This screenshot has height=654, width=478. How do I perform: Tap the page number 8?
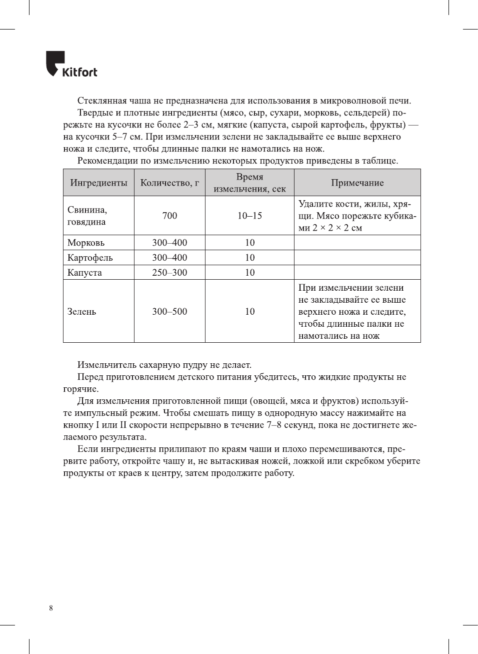pyautogui.click(x=51, y=608)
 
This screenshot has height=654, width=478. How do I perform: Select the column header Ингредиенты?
pyautogui.click(x=98, y=183)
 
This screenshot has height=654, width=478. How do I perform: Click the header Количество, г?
pyautogui.click(x=169, y=183)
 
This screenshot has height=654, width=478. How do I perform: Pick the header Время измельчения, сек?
pyautogui.click(x=249, y=183)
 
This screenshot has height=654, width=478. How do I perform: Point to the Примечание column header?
pyautogui.click(x=357, y=183)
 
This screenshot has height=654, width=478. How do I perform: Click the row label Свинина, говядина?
pyautogui.click(x=87, y=216)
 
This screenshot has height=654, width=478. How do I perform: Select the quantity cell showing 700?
pyautogui.click(x=169, y=216)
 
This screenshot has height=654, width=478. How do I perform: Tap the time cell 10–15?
pyautogui.click(x=249, y=216)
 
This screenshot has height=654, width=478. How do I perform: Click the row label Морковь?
pyautogui.click(x=86, y=243)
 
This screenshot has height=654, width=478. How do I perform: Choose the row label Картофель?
pyautogui.click(x=90, y=258)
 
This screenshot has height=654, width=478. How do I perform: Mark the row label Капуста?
pyautogui.click(x=84, y=273)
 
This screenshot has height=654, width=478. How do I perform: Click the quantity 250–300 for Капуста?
pyautogui.click(x=169, y=273)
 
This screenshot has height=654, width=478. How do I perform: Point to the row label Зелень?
pyautogui.click(x=81, y=311)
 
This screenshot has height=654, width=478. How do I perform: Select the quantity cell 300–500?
pyautogui.click(x=169, y=311)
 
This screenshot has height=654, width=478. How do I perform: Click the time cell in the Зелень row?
pyautogui.click(x=249, y=311)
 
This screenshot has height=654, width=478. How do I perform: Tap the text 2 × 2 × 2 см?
pyautogui.click(x=337, y=228)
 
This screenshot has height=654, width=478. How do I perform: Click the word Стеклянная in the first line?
pyautogui.click(x=101, y=101)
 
